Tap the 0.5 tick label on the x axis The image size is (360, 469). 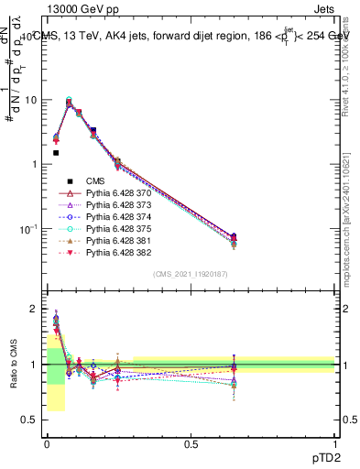pos(191,443)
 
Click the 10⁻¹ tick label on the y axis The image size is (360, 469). pos(28,227)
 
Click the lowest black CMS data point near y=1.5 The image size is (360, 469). pos(56,153)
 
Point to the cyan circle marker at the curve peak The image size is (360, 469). pos(70,100)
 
